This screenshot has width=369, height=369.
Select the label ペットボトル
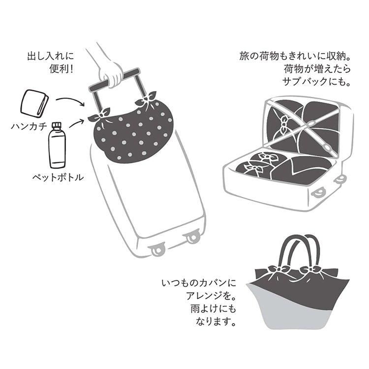pos(58,177)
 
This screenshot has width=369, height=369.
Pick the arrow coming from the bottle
pos(76,123)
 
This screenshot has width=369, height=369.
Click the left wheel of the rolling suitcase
pos(156,250)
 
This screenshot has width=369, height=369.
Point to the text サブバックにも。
pos(316,82)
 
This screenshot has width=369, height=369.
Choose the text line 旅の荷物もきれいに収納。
pos(295,56)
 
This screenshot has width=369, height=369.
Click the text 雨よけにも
pos(213,309)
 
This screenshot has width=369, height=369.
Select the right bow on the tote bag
pos(310,269)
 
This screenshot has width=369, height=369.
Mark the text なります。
pos(216,321)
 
